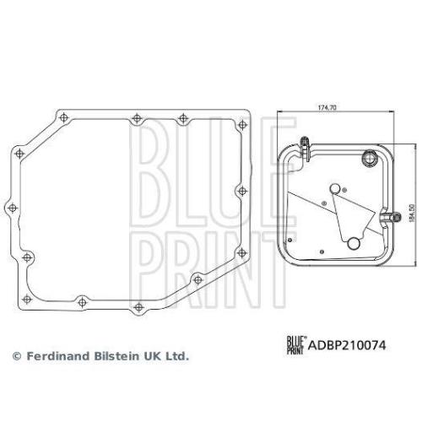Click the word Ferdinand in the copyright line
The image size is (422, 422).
pyautogui.click(x=57, y=357)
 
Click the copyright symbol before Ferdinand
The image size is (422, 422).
pyautogui.click(x=14, y=357)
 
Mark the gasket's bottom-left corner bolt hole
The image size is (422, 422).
pyautogui.click(x=27, y=256)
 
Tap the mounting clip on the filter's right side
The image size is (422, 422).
pyautogui.click(x=391, y=217)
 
